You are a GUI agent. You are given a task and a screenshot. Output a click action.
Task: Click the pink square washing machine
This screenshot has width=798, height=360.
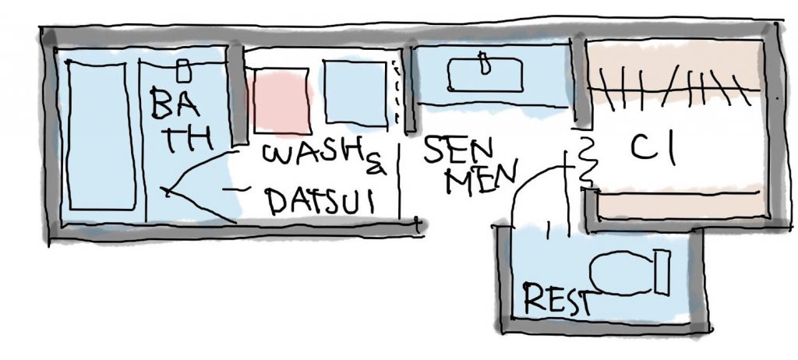click(x=281, y=101)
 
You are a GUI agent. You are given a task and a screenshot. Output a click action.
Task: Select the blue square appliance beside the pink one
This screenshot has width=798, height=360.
click(x=355, y=93)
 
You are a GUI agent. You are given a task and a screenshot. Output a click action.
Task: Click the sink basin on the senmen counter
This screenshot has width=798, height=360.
click(x=485, y=75)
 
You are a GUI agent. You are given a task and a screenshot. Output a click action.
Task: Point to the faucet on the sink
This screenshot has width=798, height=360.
click(x=485, y=63)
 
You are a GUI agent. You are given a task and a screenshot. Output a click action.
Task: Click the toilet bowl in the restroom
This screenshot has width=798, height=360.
click(x=621, y=273)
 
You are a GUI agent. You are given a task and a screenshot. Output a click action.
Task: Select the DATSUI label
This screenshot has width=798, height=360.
click(x=320, y=200)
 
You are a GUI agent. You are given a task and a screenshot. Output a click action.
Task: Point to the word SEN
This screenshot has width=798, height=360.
click(x=458, y=150)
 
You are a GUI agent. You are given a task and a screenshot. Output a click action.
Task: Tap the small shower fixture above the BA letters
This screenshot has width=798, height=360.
click(x=183, y=70)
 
